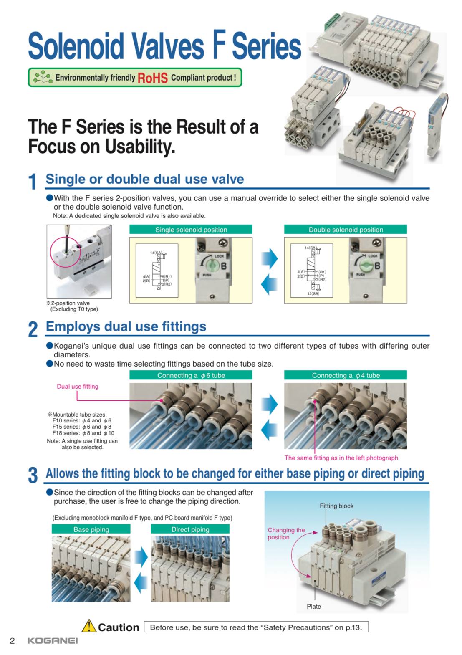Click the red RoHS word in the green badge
pos(152,78)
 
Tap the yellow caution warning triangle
pos(89,626)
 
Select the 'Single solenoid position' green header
pos(191,230)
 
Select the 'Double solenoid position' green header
pos(346,230)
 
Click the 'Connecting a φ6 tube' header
pos(191,375)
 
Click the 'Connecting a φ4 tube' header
pos(346,375)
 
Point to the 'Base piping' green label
pos(91,529)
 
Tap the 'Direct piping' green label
pos(190,529)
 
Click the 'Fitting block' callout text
pos(336,506)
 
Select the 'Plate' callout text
pos(314,607)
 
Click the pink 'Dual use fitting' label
pos(78,387)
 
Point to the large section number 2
pos(33,329)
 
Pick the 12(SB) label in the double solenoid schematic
pos(313,294)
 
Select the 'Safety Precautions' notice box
pos(256,627)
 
